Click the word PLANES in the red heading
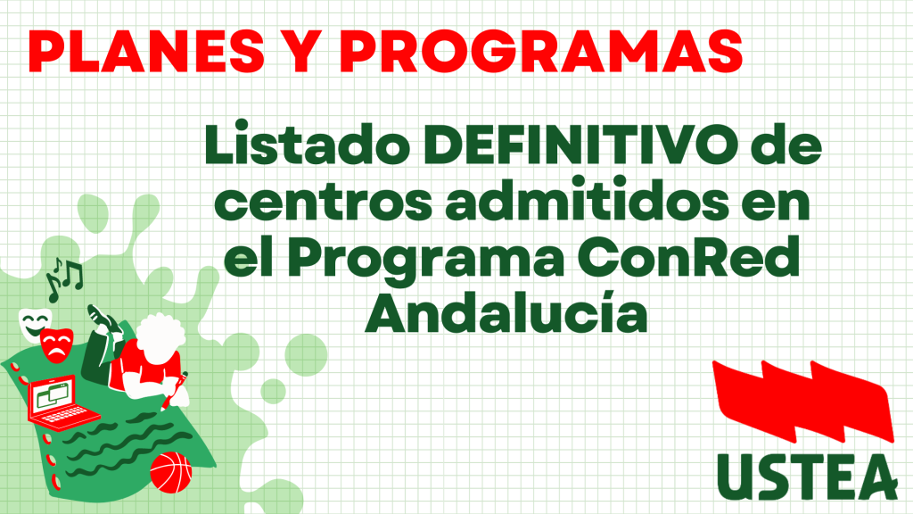[147, 51]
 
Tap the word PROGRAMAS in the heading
[541, 51]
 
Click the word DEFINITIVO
[580, 145]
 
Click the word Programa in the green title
[425, 260]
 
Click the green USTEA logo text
[807, 476]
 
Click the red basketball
[170, 471]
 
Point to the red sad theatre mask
[57, 345]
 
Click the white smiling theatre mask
[34, 324]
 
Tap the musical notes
[64, 278]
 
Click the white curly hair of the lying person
[159, 336]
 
